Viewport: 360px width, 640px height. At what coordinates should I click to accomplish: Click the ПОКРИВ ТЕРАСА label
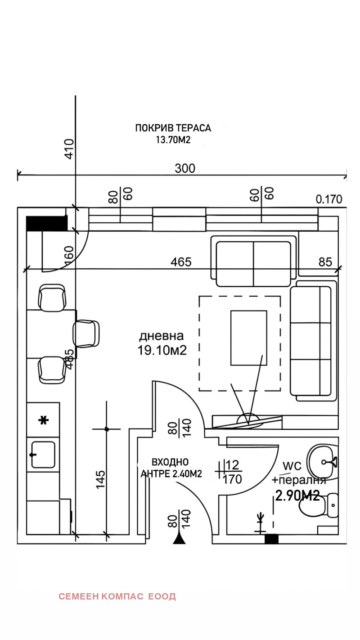point(173,128)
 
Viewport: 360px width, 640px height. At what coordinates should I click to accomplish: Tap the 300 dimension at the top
point(185,168)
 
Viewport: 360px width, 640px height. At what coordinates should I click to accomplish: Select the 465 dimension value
point(180,262)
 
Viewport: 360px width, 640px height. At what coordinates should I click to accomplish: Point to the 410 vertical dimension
point(69,149)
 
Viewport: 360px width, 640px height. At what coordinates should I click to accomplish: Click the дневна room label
point(161,336)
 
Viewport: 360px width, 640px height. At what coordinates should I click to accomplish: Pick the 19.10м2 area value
point(162,351)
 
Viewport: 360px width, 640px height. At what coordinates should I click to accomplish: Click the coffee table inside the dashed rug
point(248,338)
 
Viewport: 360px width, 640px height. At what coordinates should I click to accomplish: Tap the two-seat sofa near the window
point(253,264)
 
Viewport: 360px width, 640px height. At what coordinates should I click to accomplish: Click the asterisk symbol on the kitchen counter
point(43,420)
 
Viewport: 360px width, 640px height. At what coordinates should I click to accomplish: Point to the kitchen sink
point(43,455)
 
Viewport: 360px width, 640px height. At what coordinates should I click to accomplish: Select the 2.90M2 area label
point(297,496)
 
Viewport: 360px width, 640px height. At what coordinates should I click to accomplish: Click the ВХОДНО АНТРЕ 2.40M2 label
point(171,468)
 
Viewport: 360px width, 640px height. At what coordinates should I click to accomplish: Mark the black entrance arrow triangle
point(180,537)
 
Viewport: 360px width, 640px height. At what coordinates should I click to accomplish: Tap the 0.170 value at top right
point(328,199)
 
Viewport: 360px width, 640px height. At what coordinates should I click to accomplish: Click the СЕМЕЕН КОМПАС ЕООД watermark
point(117,596)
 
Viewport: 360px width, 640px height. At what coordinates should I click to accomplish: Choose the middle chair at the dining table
point(86,334)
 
